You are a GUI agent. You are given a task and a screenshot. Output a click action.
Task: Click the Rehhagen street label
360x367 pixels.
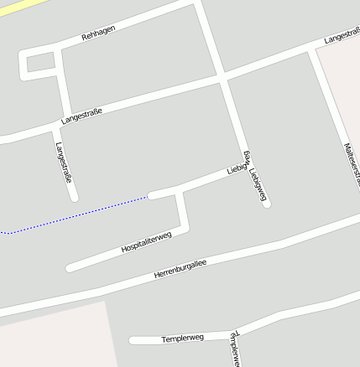tap(98, 33)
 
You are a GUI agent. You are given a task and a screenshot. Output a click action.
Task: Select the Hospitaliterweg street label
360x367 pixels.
tap(146, 242)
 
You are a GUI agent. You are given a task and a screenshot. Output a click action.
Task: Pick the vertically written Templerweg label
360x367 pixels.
tap(234, 349)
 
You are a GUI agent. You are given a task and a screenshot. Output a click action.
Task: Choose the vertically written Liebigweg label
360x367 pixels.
tap(255, 176)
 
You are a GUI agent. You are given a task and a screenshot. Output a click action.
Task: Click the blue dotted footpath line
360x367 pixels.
tap(76, 215)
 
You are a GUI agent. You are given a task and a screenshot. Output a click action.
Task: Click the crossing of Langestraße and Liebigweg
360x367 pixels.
tap(223, 79)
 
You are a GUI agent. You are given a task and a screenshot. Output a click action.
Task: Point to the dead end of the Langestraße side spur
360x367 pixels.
tap(75, 198)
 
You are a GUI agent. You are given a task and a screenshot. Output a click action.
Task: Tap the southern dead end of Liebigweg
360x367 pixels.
tap(266, 204)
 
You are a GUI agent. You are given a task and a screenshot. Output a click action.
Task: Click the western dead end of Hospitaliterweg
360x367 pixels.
tap(70, 268)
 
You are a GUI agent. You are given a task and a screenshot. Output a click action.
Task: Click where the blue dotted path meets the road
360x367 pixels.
tap(150, 196)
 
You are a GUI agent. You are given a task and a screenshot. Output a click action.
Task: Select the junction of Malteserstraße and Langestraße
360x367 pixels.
tap(312, 49)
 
